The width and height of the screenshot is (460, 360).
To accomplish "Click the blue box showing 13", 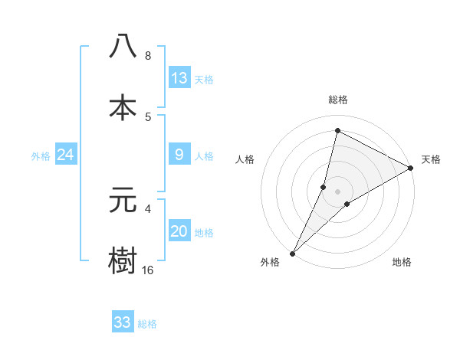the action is pos(179,78).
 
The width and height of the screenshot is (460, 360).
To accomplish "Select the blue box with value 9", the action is pos(179,155).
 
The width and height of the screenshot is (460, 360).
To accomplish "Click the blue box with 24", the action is pos(66,155).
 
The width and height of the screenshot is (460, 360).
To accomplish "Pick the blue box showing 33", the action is pos(123,322).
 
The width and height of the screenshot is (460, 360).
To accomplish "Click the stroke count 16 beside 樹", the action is pos(148,270).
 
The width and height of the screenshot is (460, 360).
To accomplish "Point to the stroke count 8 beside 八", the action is pos(147,55).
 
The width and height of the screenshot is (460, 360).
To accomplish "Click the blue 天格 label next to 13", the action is pos(204,80).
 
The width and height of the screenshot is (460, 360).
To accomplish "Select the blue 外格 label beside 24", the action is pos(41,156).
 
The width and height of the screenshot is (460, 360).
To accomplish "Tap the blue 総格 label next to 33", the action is pos(147,324).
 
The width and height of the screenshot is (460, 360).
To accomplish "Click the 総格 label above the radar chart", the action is pos(338,100).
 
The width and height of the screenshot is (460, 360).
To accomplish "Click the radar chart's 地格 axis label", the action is pos(402,263).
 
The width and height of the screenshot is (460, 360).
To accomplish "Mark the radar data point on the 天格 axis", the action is pos(411,169).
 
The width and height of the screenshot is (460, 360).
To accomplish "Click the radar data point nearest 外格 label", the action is pos(292,253).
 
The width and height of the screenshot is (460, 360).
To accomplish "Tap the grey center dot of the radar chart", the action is pos(338,191).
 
